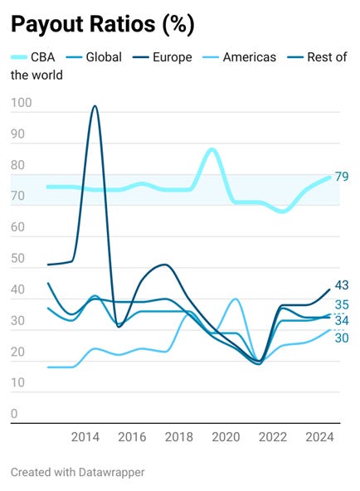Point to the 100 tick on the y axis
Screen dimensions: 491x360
(22, 104)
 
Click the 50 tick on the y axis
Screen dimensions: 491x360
(18, 259)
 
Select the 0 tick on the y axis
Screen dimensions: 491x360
(15, 414)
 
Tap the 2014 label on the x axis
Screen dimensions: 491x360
(85, 436)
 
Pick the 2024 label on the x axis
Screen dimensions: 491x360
(319, 436)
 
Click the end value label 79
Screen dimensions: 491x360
(342, 177)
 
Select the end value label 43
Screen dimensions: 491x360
(342, 285)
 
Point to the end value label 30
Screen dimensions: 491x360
(342, 338)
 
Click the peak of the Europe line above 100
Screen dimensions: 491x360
(95, 106)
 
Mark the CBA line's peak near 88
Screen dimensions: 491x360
(212, 149)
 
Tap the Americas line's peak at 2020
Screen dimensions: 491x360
(236, 299)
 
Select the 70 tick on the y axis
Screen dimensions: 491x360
(18, 197)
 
